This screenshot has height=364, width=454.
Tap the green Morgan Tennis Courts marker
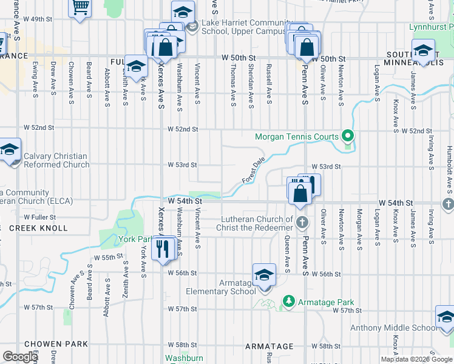point(347,135)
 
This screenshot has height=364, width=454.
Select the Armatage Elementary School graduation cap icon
point(264,275)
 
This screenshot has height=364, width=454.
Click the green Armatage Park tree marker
point(289,302)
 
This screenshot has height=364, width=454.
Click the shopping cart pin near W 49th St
point(80,8)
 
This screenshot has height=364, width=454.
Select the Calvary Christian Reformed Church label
point(56,160)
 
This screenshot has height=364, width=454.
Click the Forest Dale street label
point(254,171)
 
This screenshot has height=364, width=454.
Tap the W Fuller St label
point(40,217)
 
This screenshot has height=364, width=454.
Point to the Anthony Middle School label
point(392,328)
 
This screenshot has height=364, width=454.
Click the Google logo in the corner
point(20,357)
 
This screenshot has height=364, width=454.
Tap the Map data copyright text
point(416,359)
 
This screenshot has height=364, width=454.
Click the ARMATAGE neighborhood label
point(269,346)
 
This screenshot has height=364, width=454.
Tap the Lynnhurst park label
point(430,27)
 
